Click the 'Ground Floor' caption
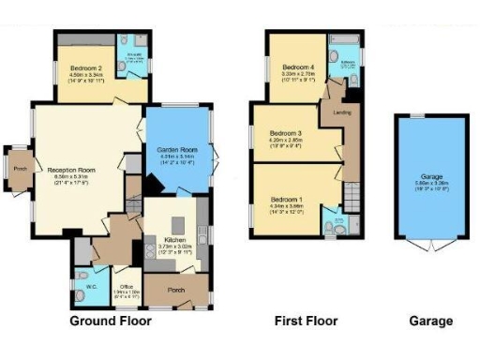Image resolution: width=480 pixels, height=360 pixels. (x=111, y=321)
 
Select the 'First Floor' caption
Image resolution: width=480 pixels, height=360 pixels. (x=306, y=321)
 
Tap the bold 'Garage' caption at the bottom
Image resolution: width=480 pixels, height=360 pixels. (x=430, y=321)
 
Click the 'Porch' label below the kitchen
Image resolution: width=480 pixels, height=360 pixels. (x=174, y=290)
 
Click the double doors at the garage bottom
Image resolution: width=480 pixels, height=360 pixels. (x=430, y=246)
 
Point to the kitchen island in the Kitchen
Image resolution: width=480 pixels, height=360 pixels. (x=148, y=251)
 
